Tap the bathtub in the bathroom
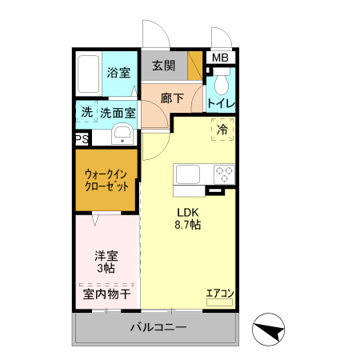tap(90, 74)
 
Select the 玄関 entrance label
tap(164, 66)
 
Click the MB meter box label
tap(219, 58)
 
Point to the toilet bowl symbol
tap(222, 81)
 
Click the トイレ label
tap(220, 103)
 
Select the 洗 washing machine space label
tap(86, 113)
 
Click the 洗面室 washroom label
tap(118, 113)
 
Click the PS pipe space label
tap(82, 139)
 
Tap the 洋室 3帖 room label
tap(107, 262)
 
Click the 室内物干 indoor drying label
tap(107, 294)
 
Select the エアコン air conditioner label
tap(219, 294)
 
